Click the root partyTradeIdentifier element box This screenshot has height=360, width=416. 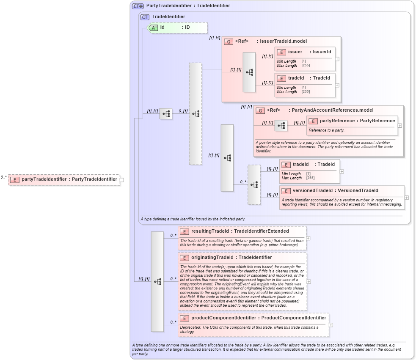[x=64, y=179]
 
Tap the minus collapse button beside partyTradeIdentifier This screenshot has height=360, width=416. [x=122, y=179]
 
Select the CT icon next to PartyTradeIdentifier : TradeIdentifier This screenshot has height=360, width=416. [x=138, y=6]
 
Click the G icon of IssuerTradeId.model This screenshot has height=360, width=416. [x=229, y=41]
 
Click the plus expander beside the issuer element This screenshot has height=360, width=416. [x=337, y=59]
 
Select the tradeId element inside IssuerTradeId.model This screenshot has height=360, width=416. [x=309, y=78]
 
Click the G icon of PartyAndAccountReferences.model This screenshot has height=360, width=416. [x=260, y=110]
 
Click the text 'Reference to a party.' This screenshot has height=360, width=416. [x=326, y=130]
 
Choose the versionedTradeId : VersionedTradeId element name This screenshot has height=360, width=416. [x=335, y=191]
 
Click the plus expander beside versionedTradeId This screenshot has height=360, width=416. [x=407, y=198]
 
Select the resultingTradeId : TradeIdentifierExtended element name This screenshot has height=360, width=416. [x=240, y=231]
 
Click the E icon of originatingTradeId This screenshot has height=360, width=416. [x=184, y=258]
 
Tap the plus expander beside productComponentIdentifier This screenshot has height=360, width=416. [x=331, y=325]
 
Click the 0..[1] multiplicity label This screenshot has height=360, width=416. [x=183, y=111]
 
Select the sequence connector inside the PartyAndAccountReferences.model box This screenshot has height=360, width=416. [x=281, y=126]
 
